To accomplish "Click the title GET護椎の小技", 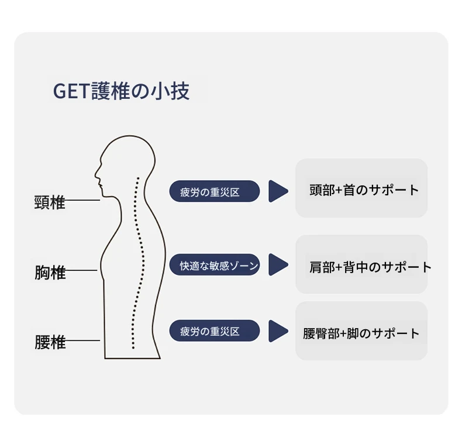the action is [121, 91].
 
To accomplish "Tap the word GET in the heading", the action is [71, 91].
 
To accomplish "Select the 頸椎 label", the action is [50, 202].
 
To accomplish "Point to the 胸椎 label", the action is [50, 272].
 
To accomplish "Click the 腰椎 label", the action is [50, 342].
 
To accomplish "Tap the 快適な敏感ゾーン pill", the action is [215, 265].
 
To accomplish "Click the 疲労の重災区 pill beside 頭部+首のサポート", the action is [215, 191].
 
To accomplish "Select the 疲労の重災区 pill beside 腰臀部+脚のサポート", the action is [215, 330].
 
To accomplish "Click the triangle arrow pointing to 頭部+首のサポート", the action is [278, 191].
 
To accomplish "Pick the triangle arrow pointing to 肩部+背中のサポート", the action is [278, 264].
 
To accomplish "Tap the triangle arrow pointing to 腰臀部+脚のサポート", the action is [278, 331].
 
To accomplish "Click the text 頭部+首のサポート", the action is [364, 190].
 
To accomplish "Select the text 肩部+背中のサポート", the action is [371, 267].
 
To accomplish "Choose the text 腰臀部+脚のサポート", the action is [361, 333].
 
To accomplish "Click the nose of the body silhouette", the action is [96, 174].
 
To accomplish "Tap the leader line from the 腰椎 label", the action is [82, 340].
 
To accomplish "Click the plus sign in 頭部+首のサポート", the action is [339, 190].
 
